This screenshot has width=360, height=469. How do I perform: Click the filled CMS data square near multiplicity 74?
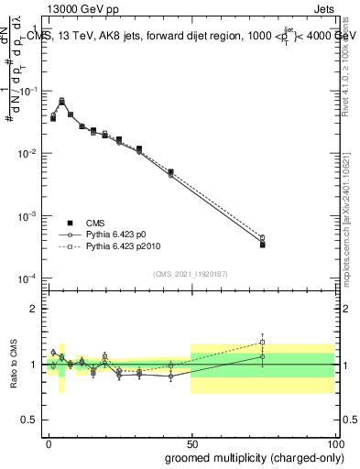click(262, 245)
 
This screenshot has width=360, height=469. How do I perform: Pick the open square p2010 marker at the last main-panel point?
click(262, 237)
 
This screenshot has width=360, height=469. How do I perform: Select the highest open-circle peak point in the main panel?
click(61, 100)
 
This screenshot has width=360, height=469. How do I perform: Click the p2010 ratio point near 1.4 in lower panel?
click(262, 343)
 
